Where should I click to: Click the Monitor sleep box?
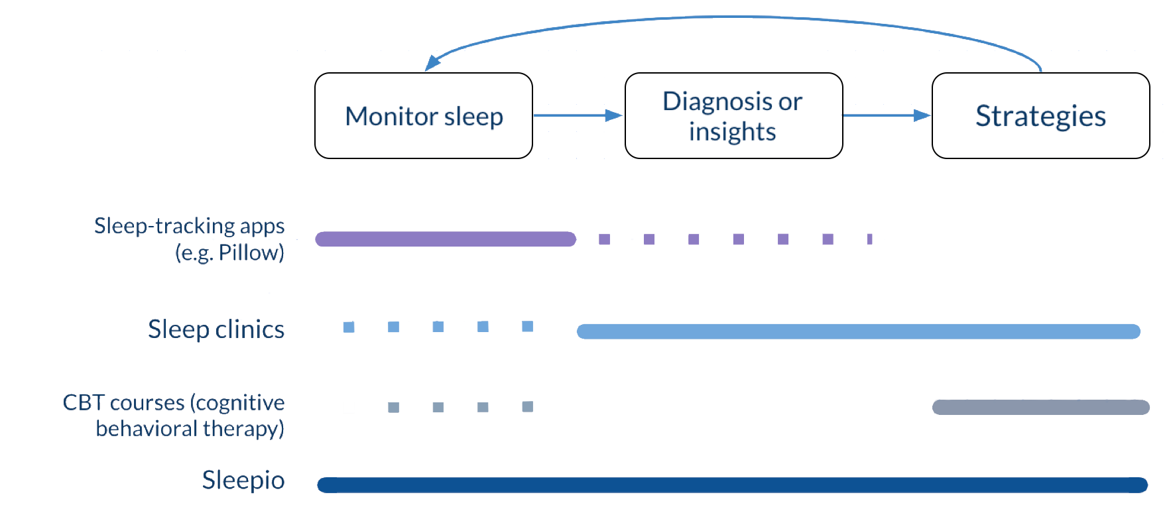tap(424, 115)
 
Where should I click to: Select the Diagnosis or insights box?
tap(734, 115)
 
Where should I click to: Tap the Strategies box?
tap(1041, 115)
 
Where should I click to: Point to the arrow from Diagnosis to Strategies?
tap(887, 115)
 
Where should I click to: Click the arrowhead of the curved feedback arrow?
tap(432, 62)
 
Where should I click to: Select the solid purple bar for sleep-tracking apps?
tap(446, 239)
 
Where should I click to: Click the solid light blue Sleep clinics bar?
tap(859, 331)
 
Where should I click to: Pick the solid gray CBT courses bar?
tap(1041, 407)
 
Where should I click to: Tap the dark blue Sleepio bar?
tap(733, 485)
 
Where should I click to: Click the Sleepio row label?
tap(243, 480)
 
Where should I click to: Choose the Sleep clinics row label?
tap(216, 329)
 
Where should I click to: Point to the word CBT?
tap(84, 402)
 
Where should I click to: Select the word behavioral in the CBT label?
tap(147, 429)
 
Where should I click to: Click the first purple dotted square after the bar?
tap(604, 239)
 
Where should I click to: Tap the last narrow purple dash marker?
tap(869, 239)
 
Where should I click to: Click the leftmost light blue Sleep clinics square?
tap(349, 327)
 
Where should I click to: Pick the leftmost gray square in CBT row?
tap(394, 407)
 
